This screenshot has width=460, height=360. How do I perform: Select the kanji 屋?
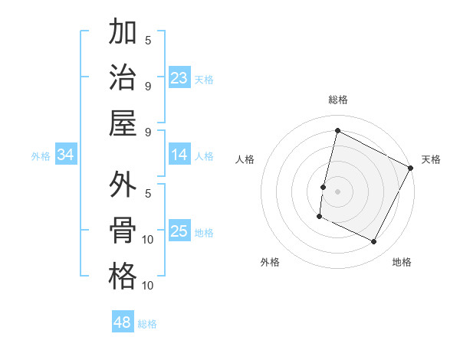coord(123,123)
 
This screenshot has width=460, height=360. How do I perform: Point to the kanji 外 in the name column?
coord(123,185)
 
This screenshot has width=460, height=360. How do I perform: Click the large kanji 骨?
coord(123,231)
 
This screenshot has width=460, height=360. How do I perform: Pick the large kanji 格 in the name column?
coord(123,277)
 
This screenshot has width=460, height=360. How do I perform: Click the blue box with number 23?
coord(179,78)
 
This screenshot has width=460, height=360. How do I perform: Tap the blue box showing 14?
coord(179,155)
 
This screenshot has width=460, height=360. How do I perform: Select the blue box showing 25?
coord(179,232)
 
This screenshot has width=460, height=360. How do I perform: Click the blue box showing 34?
coord(66,155)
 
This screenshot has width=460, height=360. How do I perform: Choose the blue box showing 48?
coord(123,322)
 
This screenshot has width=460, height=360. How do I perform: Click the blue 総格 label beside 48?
coord(147,324)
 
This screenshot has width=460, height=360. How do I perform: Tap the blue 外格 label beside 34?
coord(41,156)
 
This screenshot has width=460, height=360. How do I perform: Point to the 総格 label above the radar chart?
coord(337,100)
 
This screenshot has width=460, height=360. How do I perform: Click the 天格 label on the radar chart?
coord(431,159)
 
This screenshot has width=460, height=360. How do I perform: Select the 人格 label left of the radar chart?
coord(245,159)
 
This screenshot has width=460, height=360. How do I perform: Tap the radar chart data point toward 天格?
coord(411,168)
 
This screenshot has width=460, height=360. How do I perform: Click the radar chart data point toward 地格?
coord(374,242)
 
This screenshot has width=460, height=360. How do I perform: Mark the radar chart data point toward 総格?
coord(337,131)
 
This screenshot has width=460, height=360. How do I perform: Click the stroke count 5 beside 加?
coord(148,40)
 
